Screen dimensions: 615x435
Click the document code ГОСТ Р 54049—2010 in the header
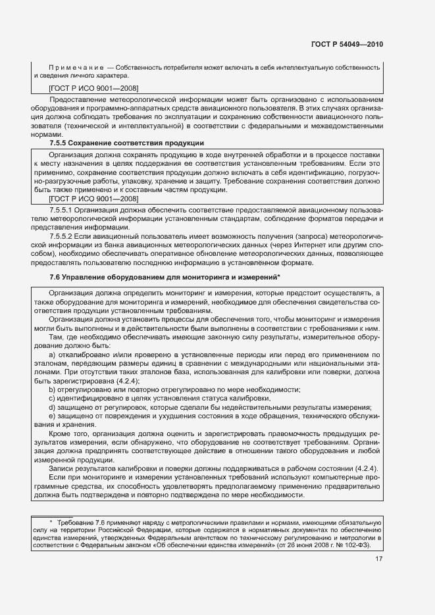(x=347, y=45)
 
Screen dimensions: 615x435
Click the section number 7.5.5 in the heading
(x=61, y=143)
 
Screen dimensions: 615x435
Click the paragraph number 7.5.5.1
(x=64, y=209)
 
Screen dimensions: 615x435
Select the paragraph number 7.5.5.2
(x=64, y=235)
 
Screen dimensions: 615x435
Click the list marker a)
(x=53, y=355)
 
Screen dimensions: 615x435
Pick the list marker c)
(x=52, y=398)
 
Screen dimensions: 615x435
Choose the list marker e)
(x=53, y=416)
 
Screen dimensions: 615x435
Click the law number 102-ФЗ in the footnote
(x=357, y=545)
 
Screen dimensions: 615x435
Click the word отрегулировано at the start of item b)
(x=86, y=389)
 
